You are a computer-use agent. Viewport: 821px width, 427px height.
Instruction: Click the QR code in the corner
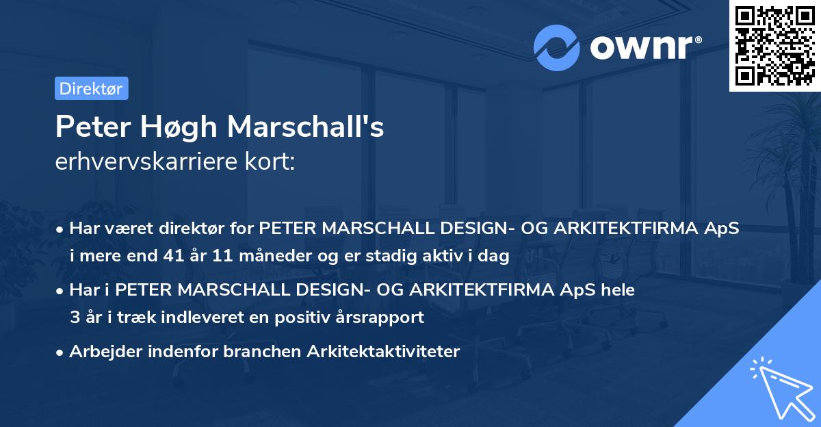[x=775, y=45]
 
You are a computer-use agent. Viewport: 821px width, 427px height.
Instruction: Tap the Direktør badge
[x=91, y=88]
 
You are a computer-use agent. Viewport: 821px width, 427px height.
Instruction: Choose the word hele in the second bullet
[x=618, y=290]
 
